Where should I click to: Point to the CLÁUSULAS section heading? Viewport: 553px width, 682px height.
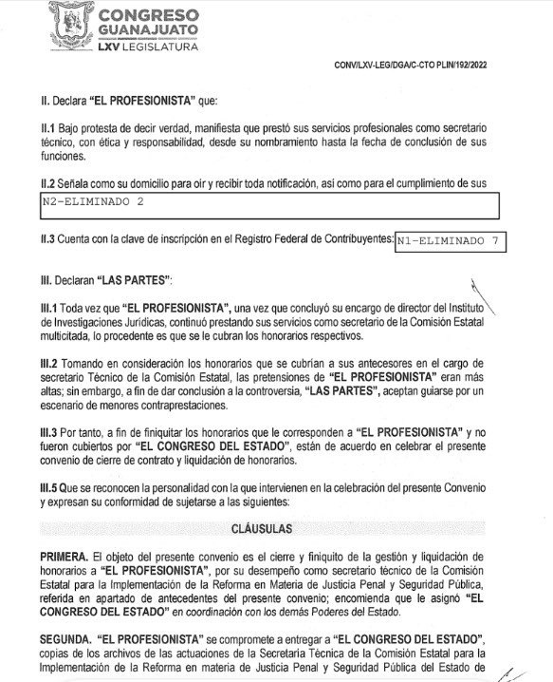coord(277,525)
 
